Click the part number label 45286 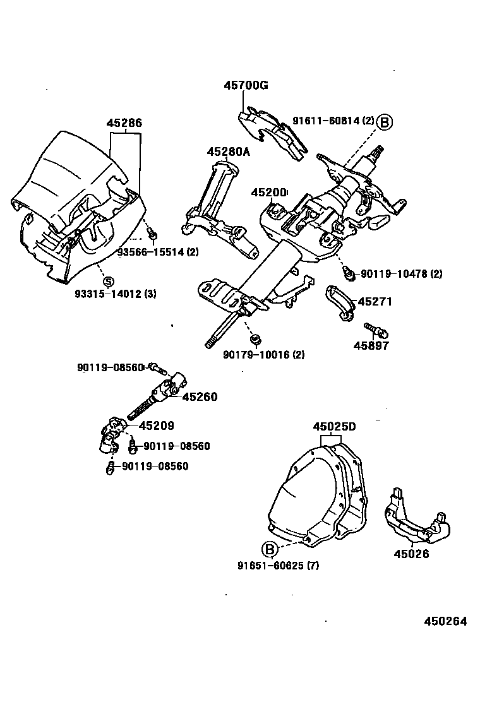click(124, 124)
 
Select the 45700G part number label click(244, 86)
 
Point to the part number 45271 click(375, 302)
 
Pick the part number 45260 click(200, 396)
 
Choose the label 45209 click(156, 426)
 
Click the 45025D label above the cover click(334, 427)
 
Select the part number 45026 click(411, 554)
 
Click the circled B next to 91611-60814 click(385, 121)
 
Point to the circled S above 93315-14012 click(108, 281)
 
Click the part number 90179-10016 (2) click(263, 355)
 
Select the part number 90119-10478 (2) click(401, 274)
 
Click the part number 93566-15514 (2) click(158, 252)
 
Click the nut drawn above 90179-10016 click(256, 340)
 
